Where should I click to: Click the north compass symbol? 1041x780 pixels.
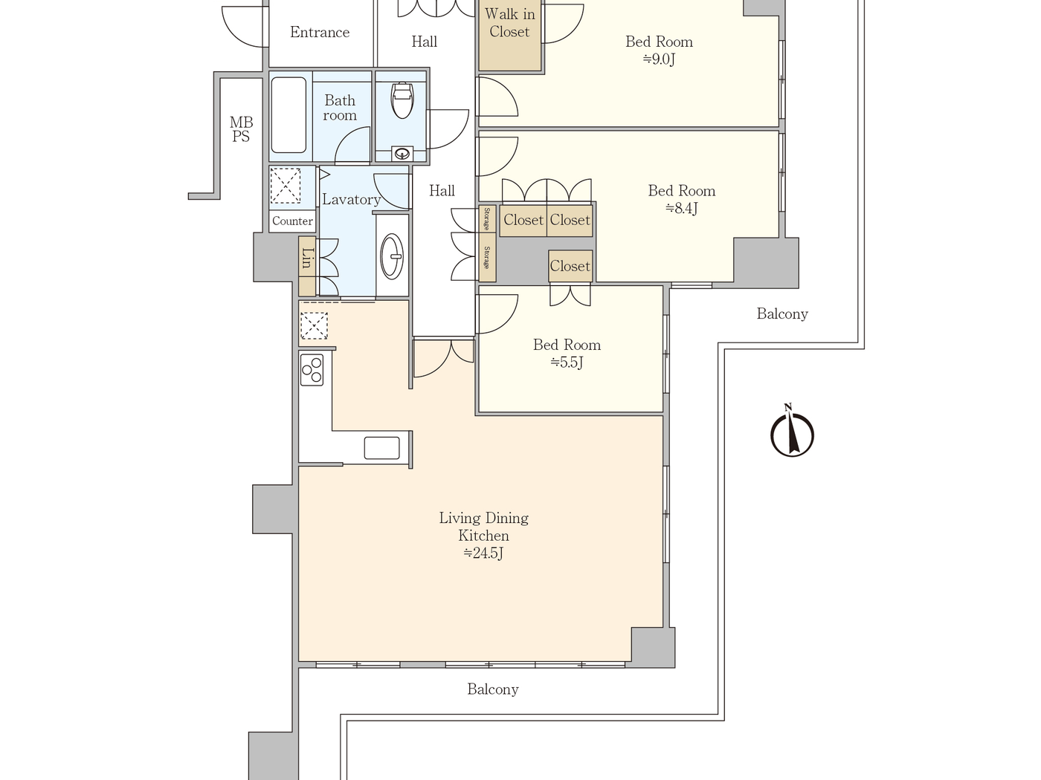pyautogui.click(x=792, y=432)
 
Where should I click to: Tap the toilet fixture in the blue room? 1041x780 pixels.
pyautogui.click(x=402, y=100)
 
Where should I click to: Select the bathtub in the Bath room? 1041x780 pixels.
pyautogui.click(x=289, y=115)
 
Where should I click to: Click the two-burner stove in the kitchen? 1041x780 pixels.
pyautogui.click(x=312, y=370)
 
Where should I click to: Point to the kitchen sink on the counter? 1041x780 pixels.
pyautogui.click(x=381, y=448)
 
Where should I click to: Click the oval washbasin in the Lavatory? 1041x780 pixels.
pyautogui.click(x=392, y=256)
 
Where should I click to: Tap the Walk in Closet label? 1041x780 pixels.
pyautogui.click(x=509, y=23)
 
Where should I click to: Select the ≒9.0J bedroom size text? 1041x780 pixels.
pyautogui.click(x=659, y=59)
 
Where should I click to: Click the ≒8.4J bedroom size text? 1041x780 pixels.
pyautogui.click(x=681, y=208)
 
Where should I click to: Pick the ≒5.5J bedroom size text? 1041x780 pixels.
pyautogui.click(x=567, y=363)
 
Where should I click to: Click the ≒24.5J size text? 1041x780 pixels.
pyautogui.click(x=483, y=553)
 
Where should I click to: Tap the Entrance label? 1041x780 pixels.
pyautogui.click(x=320, y=33)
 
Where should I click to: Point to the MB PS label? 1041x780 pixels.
pyautogui.click(x=241, y=129)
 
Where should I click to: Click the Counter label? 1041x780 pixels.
pyautogui.click(x=292, y=221)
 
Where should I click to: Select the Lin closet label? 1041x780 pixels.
pyautogui.click(x=307, y=258)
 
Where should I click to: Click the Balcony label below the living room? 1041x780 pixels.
pyautogui.click(x=492, y=689)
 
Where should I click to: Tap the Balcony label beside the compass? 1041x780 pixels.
pyautogui.click(x=782, y=314)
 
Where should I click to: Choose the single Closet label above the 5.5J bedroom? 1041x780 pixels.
pyautogui.click(x=570, y=266)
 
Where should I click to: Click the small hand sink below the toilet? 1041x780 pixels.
pyautogui.click(x=402, y=154)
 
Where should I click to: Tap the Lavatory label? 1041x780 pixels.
pyautogui.click(x=351, y=200)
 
